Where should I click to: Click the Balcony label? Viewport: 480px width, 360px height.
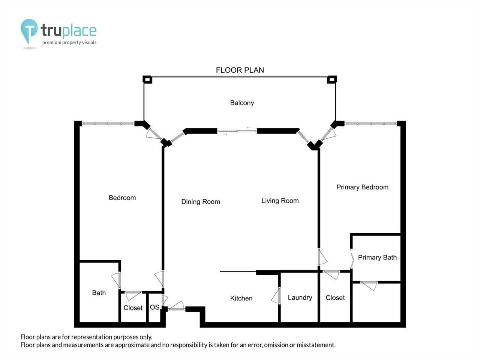[x=242, y=103]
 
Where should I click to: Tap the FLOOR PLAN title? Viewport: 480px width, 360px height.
[x=240, y=70]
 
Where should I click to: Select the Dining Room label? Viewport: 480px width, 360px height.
[x=201, y=201]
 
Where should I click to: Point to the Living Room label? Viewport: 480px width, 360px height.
[x=280, y=201]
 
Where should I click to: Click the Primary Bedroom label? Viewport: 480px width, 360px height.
[x=362, y=187]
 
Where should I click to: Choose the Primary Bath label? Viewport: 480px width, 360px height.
[x=377, y=258]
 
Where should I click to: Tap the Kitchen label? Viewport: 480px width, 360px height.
[x=241, y=298]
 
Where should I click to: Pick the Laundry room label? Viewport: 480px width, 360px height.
[x=300, y=297]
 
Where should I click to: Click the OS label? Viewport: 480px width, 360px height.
[x=154, y=307]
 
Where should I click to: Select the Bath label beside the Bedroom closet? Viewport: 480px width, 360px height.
[x=99, y=292]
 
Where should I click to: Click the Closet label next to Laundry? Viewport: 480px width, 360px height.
[x=335, y=297]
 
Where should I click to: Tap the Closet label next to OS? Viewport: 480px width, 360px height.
[x=133, y=308]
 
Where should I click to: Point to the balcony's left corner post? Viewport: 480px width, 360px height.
[x=147, y=79]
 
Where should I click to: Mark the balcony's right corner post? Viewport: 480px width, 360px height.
[x=332, y=79]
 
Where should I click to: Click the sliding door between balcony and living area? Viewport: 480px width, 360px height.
[x=237, y=131]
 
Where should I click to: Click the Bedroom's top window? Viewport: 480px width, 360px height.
[x=108, y=123]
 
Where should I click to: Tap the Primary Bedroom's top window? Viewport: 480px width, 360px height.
[x=370, y=123]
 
